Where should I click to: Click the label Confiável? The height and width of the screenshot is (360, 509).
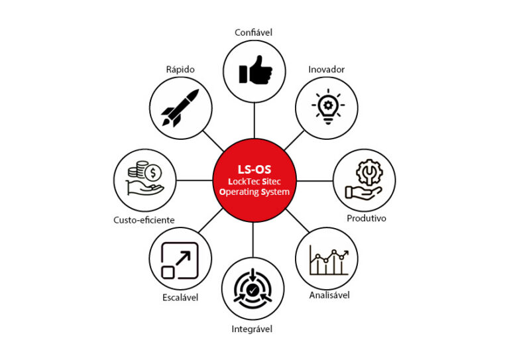point(254,32)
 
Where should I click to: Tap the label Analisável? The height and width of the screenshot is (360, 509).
point(329,294)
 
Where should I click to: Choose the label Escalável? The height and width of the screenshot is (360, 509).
point(180,297)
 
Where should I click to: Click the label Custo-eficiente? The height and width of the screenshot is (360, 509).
point(144,219)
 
